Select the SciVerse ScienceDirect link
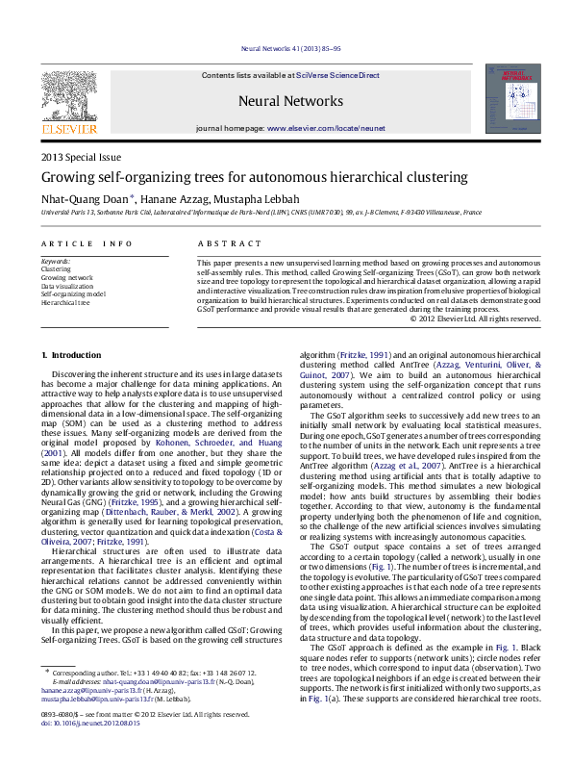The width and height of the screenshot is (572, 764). click(x=337, y=75)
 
